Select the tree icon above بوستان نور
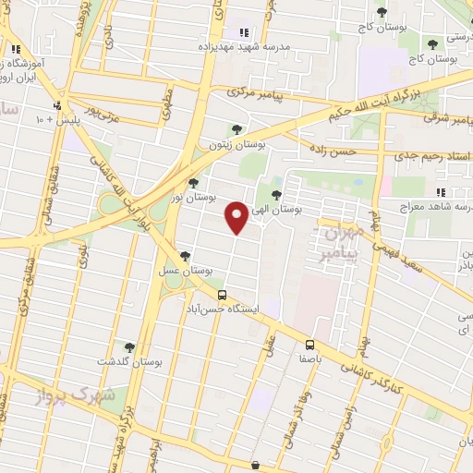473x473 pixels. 192,183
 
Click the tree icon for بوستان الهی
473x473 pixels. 278,194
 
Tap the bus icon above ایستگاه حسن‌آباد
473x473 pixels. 222,294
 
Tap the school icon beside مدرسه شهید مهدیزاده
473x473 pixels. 244,32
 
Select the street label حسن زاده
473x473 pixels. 331,151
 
